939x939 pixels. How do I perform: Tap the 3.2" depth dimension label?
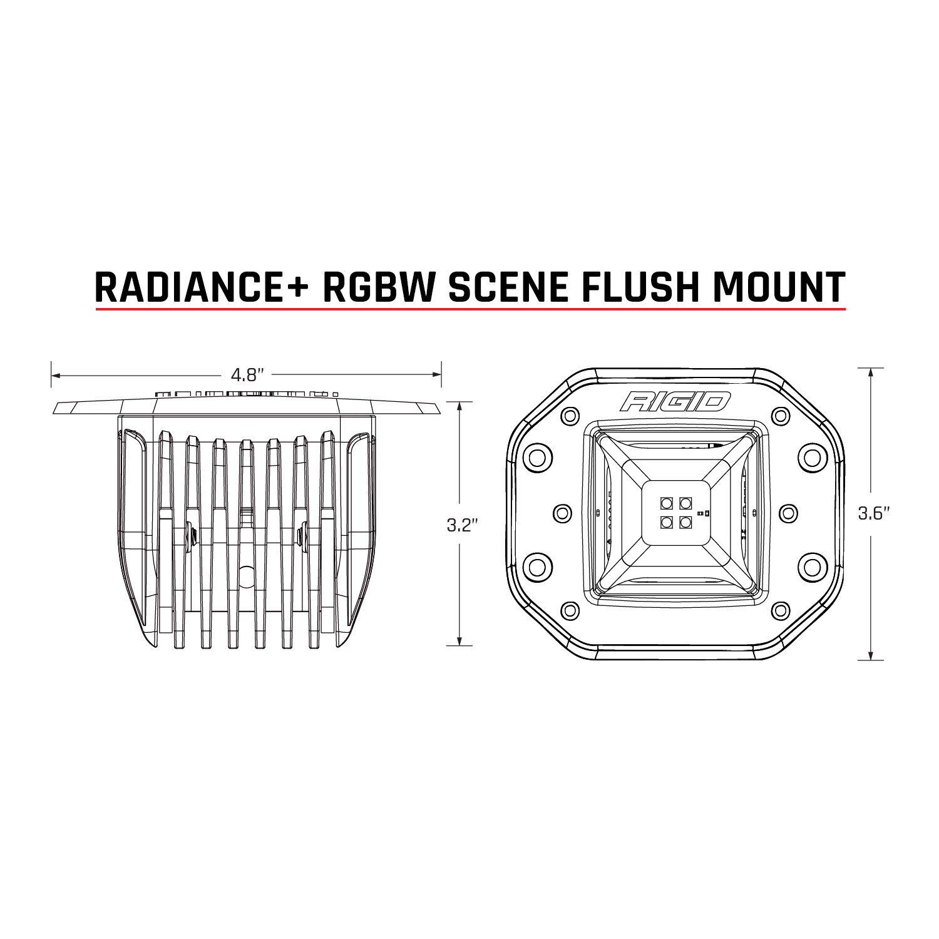click(x=462, y=525)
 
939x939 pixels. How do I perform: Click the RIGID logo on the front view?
click(x=675, y=401)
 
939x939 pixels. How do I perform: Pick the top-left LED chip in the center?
click(x=665, y=502)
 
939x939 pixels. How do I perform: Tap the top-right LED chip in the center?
click(x=685, y=502)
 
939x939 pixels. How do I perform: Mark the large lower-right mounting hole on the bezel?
click(x=812, y=567)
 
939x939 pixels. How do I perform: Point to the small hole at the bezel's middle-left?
click(x=563, y=512)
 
